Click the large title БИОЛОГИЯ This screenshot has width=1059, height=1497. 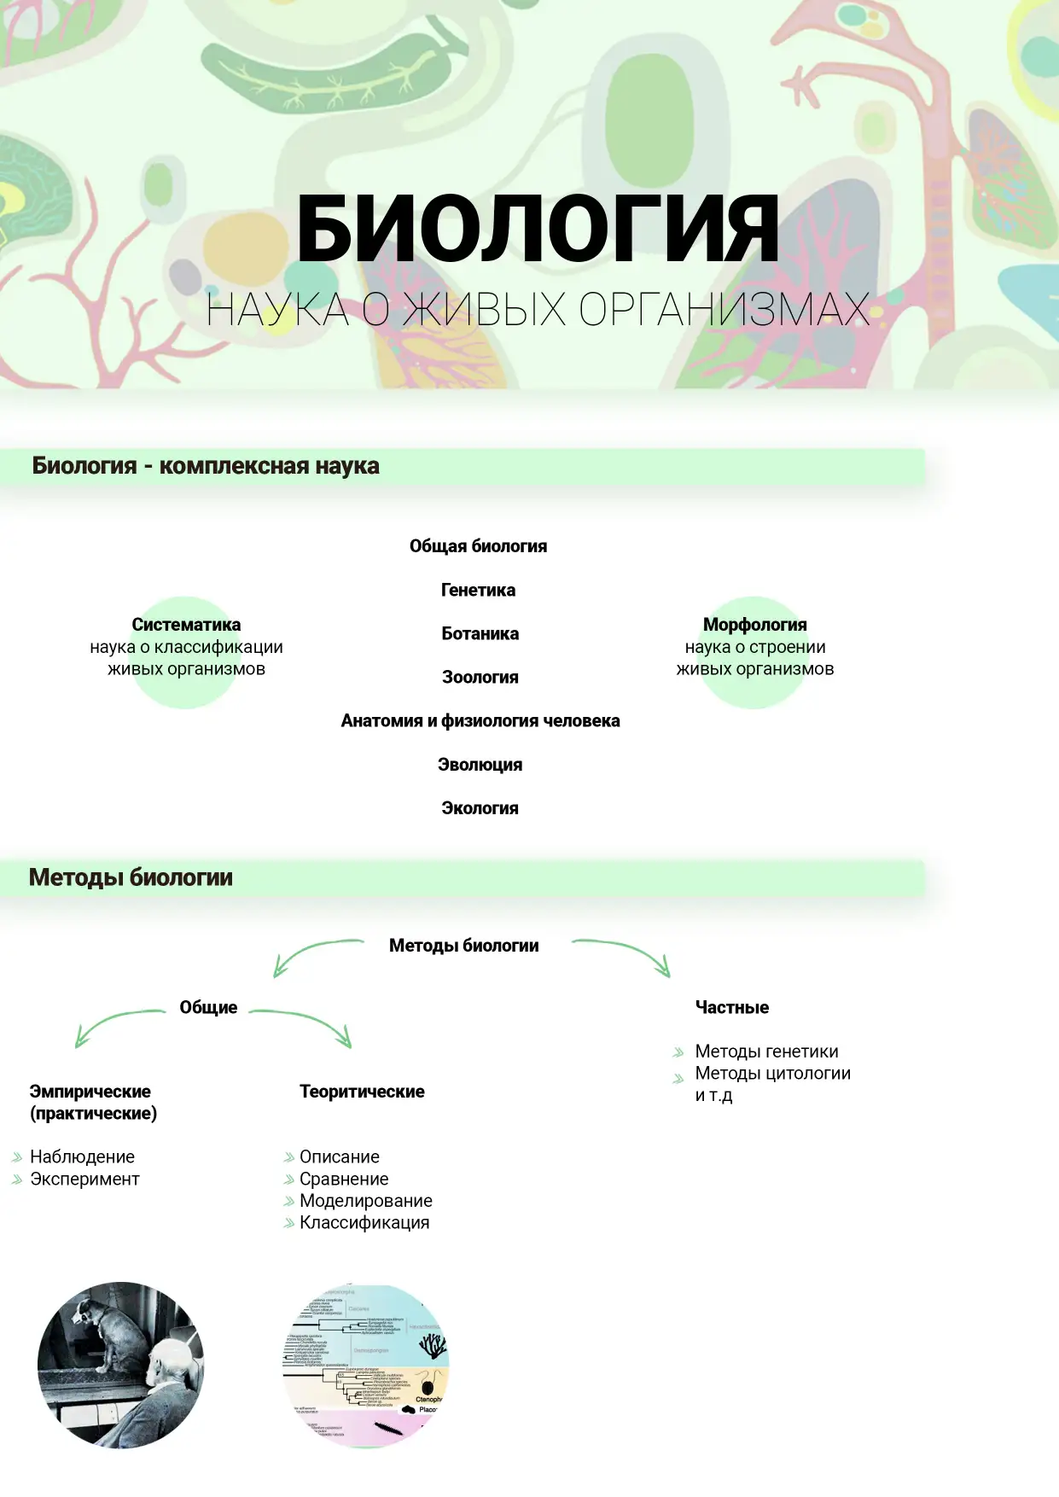tap(538, 229)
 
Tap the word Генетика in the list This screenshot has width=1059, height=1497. tap(478, 590)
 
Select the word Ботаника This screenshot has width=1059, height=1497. tap(480, 633)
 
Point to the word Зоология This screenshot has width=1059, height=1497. tap(480, 677)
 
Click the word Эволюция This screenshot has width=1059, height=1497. tap(480, 765)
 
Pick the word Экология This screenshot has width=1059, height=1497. tap(480, 808)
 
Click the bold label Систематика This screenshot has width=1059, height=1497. tap(186, 625)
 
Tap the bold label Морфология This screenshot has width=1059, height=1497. tap(754, 625)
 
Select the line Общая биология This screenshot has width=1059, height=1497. tap(478, 546)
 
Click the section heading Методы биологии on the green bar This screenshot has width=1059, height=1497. tap(131, 877)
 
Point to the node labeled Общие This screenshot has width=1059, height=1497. tap(208, 1007)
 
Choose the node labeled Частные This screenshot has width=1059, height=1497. tap(731, 1007)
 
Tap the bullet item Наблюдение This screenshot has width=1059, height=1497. tap(82, 1156)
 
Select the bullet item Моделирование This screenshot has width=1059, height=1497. tap(365, 1201)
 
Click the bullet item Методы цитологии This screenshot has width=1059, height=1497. tap(772, 1073)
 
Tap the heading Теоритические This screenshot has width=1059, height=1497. tap(362, 1092)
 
